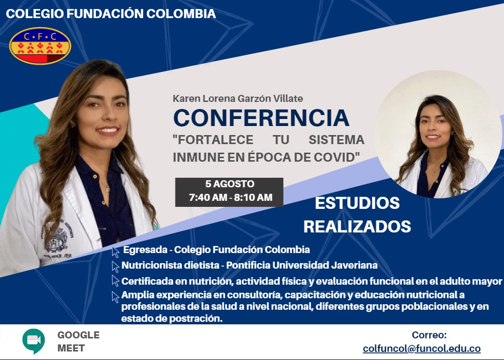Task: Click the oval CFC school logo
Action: [40, 46]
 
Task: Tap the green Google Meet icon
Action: [34, 341]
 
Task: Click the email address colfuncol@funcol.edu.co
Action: [422, 348]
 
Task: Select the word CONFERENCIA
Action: [261, 118]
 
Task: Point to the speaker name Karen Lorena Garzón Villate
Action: [238, 98]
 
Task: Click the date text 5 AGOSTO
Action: [230, 184]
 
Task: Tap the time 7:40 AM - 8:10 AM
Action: [231, 197]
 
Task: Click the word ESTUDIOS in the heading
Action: [357, 203]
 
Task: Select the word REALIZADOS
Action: [357, 226]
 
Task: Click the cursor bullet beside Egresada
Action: [116, 252]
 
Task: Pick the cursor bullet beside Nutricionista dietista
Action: [116, 267]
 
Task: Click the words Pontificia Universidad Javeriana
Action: [302, 265]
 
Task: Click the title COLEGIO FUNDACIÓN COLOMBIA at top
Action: [111, 14]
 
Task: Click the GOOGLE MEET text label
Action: [78, 341]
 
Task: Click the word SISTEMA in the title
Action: [337, 140]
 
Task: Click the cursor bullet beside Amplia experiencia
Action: [116, 297]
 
